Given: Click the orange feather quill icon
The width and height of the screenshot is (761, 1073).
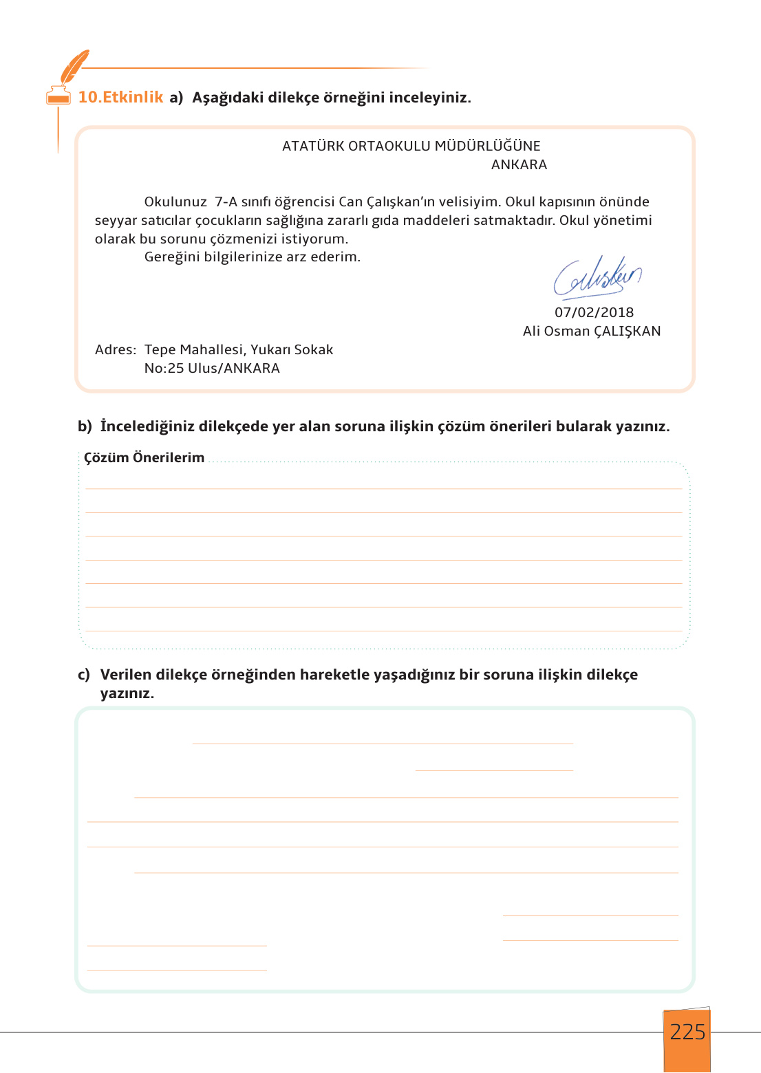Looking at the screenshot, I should tap(74, 66).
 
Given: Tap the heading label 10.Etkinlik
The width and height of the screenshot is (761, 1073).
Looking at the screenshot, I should tap(120, 97).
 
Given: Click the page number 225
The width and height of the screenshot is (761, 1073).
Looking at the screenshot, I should tap(687, 1032).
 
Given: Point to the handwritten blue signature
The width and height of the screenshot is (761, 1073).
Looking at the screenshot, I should tap(597, 278).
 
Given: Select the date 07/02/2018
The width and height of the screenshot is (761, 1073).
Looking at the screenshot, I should tap(594, 312).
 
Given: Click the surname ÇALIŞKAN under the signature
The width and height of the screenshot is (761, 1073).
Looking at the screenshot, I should tap(627, 331).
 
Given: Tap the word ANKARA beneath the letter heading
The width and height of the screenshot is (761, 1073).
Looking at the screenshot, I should tap(519, 164).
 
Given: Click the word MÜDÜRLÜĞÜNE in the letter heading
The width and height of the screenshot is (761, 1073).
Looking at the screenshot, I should tap(487, 146).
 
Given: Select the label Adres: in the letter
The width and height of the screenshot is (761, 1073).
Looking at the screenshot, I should tap(116, 349).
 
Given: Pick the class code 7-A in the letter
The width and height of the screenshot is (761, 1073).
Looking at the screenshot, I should tap(226, 202).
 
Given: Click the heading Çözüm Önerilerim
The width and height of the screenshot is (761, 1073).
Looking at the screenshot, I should tap(144, 457).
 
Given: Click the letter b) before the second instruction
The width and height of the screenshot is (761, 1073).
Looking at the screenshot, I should tap(85, 426).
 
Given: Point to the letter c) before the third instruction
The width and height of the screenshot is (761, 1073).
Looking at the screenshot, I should tap(84, 675).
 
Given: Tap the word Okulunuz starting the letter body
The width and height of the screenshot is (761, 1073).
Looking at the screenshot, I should tap(175, 202).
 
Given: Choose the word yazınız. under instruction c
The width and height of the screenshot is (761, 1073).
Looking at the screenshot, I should tap(127, 693).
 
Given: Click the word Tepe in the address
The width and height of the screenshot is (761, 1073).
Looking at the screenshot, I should tap(160, 349).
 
